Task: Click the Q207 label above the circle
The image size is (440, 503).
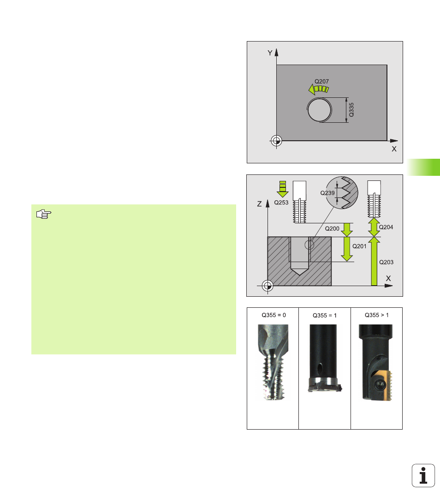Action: pyautogui.click(x=321, y=82)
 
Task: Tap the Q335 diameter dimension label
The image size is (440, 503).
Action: pyautogui.click(x=351, y=110)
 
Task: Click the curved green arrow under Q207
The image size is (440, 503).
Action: pyautogui.click(x=318, y=90)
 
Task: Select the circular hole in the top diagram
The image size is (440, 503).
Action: pyautogui.click(x=320, y=110)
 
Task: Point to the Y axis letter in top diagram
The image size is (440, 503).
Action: pyautogui.click(x=270, y=53)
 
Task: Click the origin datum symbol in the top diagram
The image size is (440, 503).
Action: pyautogui.click(x=276, y=140)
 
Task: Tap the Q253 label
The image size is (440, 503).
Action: pyautogui.click(x=281, y=203)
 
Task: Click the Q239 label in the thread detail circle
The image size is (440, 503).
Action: pyautogui.click(x=327, y=193)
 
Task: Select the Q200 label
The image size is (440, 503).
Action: pyautogui.click(x=332, y=229)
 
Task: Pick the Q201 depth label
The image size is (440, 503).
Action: pyautogui.click(x=359, y=246)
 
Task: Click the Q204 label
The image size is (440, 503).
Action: pyautogui.click(x=386, y=227)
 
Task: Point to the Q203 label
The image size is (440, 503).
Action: pyautogui.click(x=386, y=262)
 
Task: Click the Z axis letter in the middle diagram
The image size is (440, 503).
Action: pyautogui.click(x=260, y=204)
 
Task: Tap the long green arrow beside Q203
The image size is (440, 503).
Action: pyautogui.click(x=374, y=261)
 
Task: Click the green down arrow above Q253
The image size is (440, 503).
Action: pyautogui.click(x=283, y=189)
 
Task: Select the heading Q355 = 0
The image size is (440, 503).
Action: pyautogui.click(x=274, y=315)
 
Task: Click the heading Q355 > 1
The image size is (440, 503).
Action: pyautogui.click(x=376, y=315)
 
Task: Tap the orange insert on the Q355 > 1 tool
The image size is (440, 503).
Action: pyautogui.click(x=383, y=385)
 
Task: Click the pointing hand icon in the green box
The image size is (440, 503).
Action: pyautogui.click(x=44, y=214)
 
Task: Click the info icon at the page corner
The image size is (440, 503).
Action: pyautogui.click(x=423, y=475)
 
